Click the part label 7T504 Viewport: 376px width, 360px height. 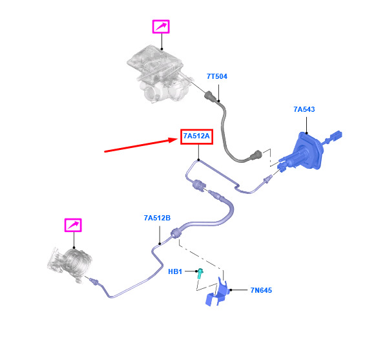pyautogui.click(x=217, y=76)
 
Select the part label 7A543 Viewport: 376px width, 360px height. pyautogui.click(x=304, y=109)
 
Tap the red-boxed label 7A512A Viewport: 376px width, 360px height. pyautogui.click(x=196, y=136)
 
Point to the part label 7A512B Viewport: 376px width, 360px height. pyautogui.click(x=157, y=218)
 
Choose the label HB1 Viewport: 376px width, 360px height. pyautogui.click(x=175, y=271)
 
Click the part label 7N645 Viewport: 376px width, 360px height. pyautogui.click(x=261, y=290)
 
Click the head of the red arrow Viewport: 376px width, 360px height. pyautogui.click(x=176, y=140)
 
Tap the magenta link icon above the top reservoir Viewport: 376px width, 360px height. pyautogui.click(x=161, y=26)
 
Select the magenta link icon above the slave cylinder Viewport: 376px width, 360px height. pyautogui.click(x=73, y=225)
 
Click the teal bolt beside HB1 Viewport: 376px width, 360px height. pyautogui.click(x=200, y=273)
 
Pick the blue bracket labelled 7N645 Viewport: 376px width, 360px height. pyautogui.click(x=217, y=293)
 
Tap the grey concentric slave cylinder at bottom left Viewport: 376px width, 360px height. pyautogui.click(x=70, y=264)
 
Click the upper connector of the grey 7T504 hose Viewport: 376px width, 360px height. pyautogui.click(x=211, y=96)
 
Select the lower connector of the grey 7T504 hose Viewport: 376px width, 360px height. pyautogui.click(x=256, y=155)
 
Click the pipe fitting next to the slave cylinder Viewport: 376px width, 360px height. pyautogui.click(x=94, y=281)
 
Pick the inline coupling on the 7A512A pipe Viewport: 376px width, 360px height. pyautogui.click(x=199, y=185)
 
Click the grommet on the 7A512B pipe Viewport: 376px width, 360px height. pyautogui.click(x=176, y=233)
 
